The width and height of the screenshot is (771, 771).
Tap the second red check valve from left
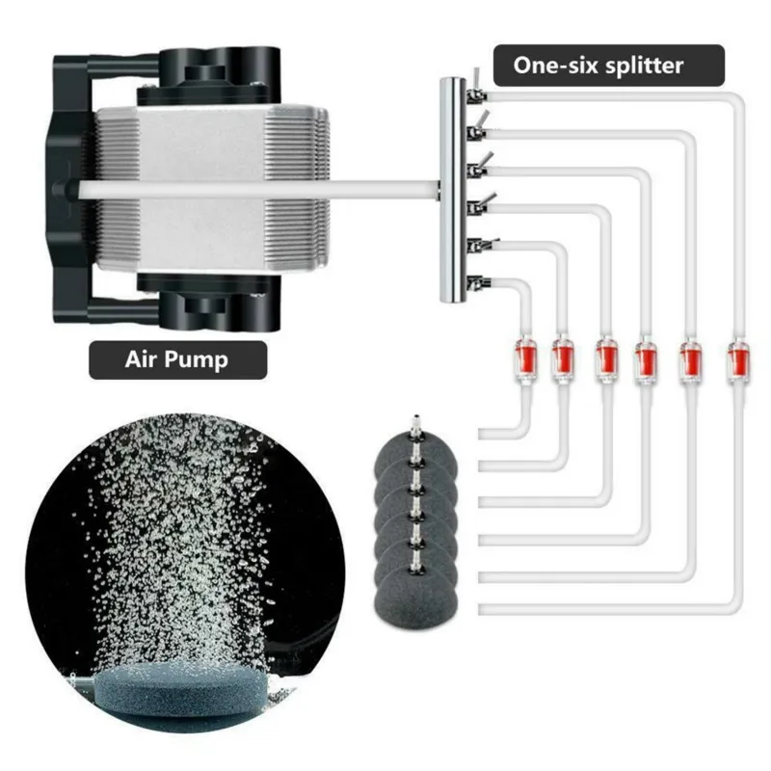click(x=563, y=356)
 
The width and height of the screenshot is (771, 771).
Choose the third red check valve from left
click(x=604, y=356)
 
